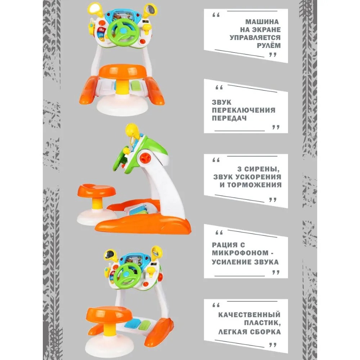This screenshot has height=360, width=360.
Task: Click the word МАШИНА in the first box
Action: point(262,22)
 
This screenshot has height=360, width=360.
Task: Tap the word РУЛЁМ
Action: point(269,45)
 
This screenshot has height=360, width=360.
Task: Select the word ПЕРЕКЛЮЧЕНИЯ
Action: point(244,110)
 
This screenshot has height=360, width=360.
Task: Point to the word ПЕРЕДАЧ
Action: point(229,118)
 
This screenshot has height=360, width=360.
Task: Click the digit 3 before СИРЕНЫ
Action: point(239,169)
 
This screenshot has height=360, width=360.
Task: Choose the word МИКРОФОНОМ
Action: point(240,253)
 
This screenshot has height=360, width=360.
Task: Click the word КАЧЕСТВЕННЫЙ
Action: point(249,315)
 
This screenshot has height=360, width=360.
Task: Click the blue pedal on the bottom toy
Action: point(131,323)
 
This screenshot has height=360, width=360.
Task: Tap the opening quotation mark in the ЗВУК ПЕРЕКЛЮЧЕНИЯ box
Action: point(219,87)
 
